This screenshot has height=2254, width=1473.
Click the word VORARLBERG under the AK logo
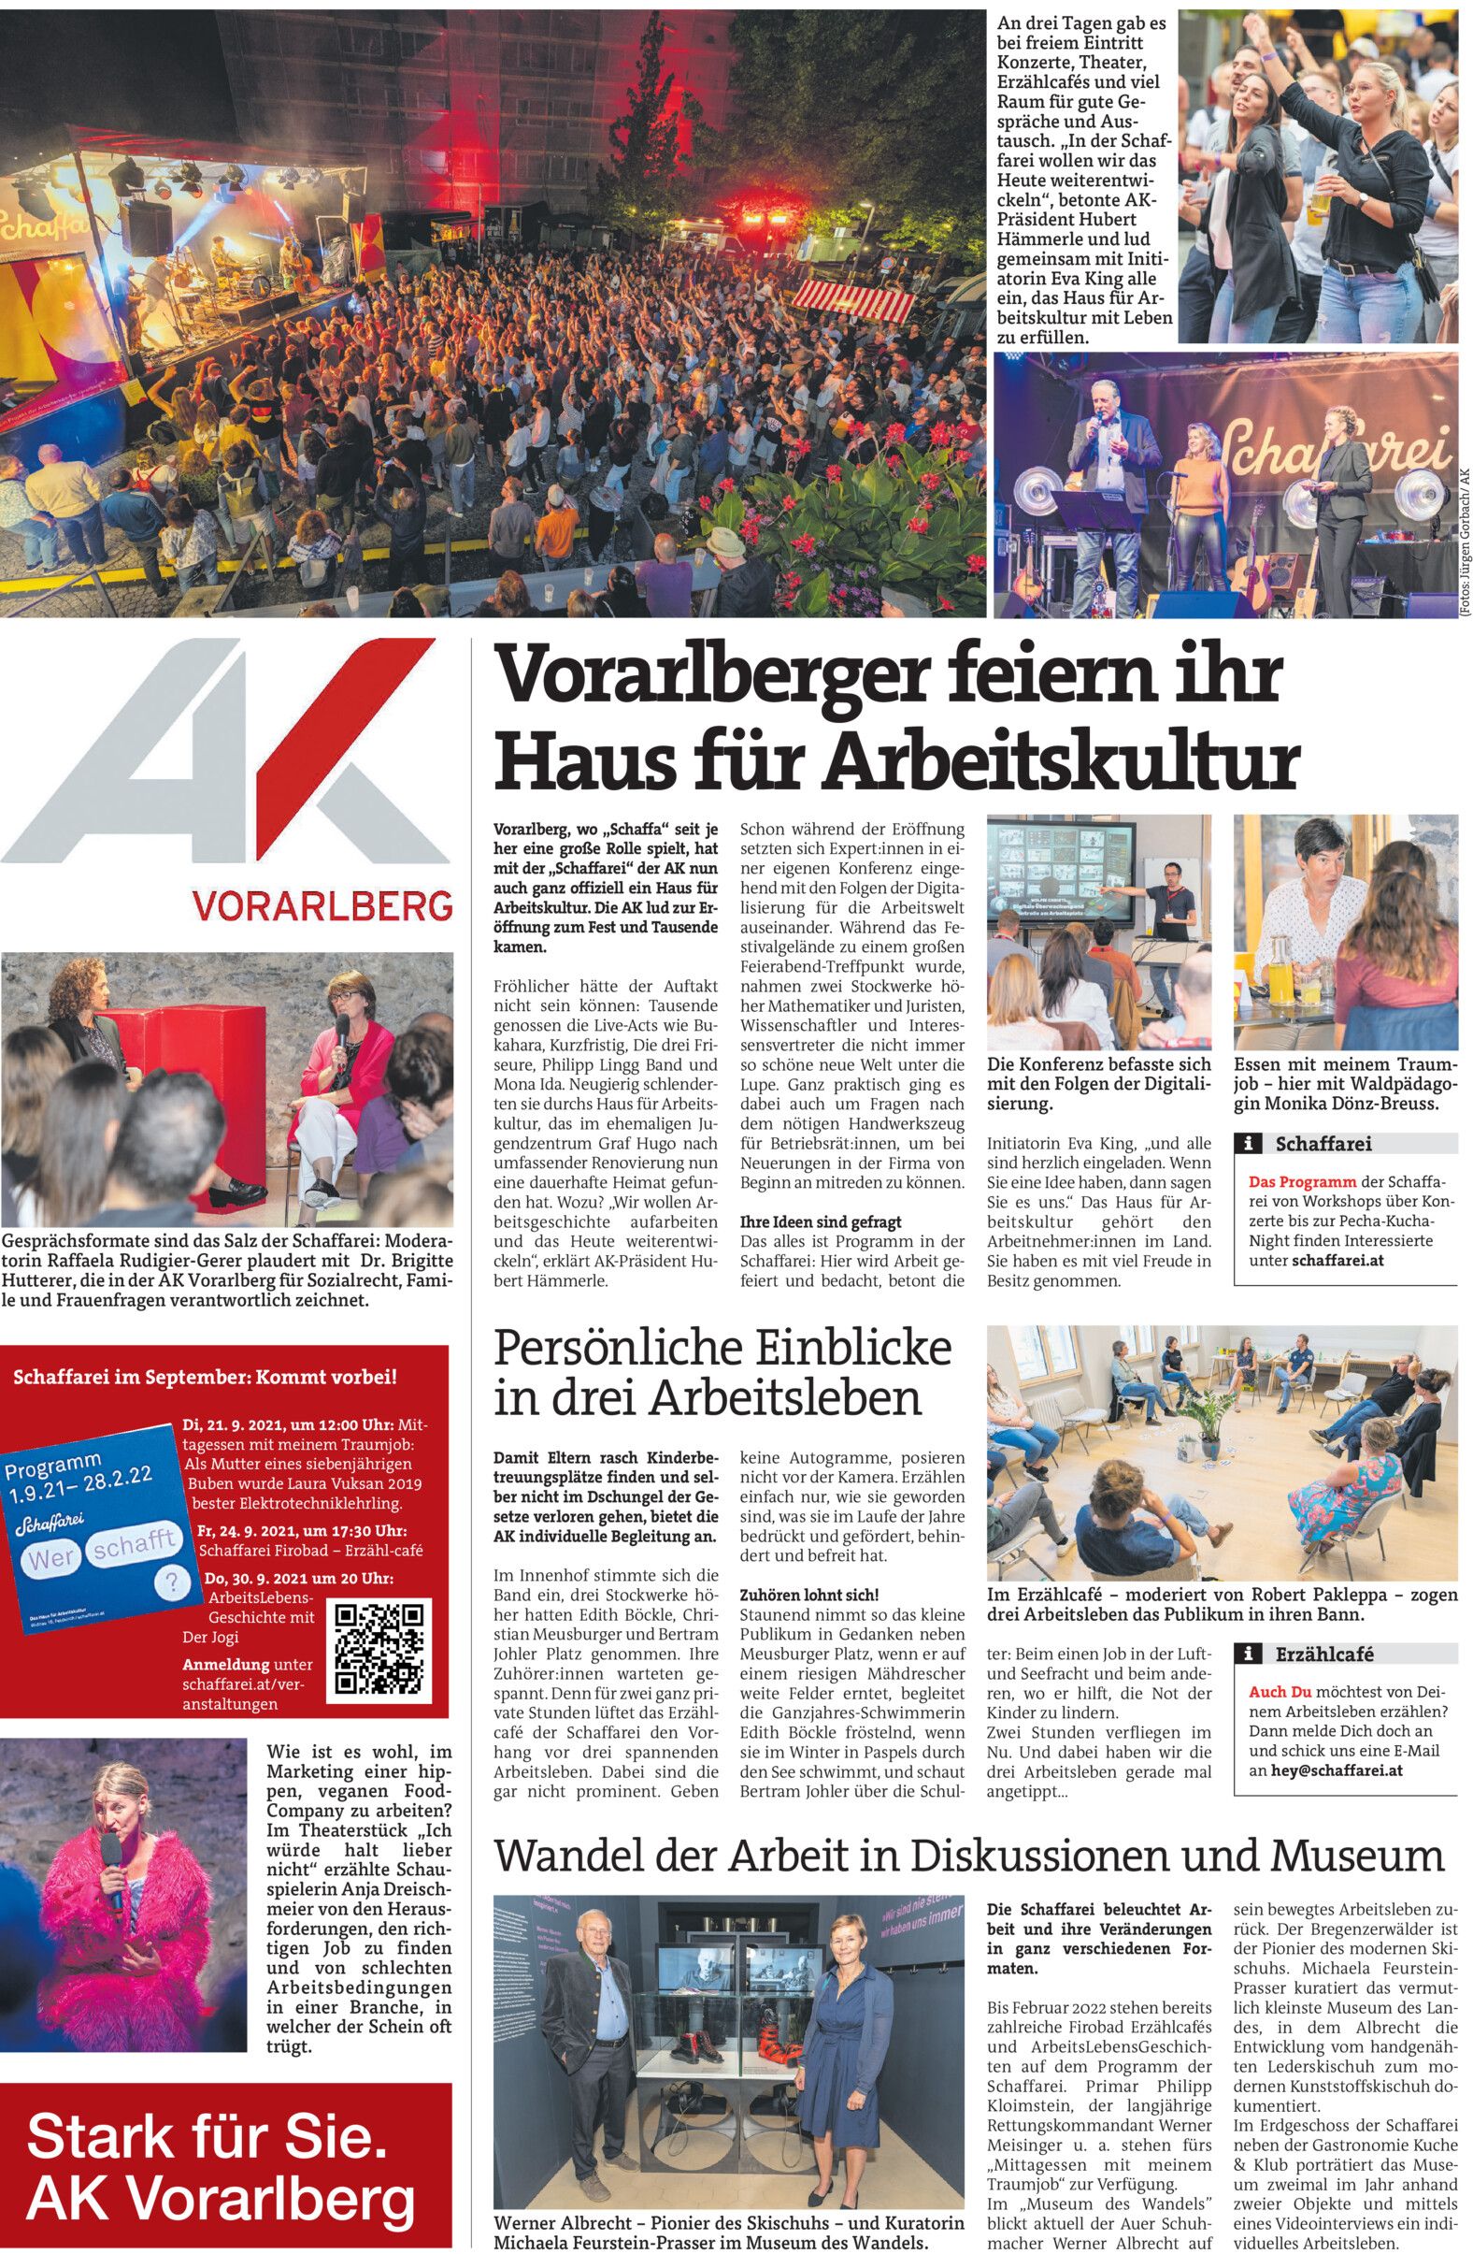tap(322, 906)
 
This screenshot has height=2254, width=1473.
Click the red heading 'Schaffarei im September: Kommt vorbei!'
tap(206, 1376)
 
